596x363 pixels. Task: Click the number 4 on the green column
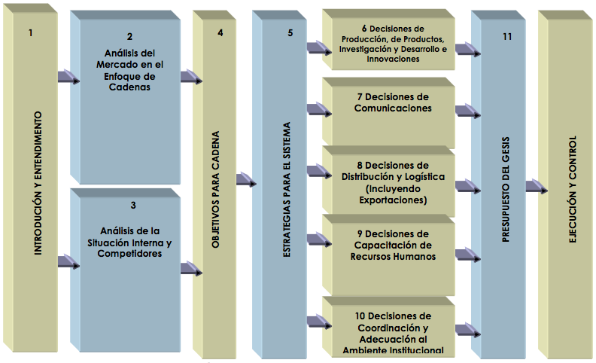tap(220, 33)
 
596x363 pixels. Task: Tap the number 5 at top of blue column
tap(290, 33)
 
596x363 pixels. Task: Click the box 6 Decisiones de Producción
tap(393, 44)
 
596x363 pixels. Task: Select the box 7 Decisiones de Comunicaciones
tap(393, 102)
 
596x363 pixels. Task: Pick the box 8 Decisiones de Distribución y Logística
tap(393, 182)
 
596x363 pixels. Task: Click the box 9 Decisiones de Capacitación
tap(393, 244)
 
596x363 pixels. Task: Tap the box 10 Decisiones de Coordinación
tap(393, 332)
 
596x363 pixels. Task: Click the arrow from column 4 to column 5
tap(246, 180)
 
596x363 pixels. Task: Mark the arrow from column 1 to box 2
tap(68, 77)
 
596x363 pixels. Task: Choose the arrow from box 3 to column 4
tap(191, 269)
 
